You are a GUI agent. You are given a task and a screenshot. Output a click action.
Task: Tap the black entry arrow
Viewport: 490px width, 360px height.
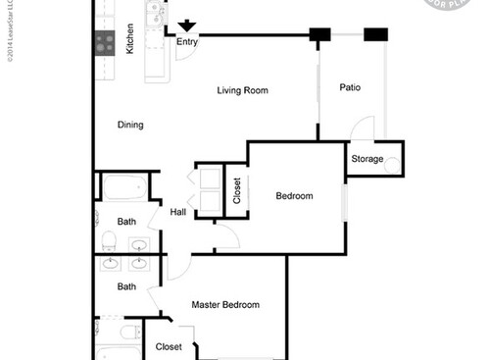[x=186, y=27]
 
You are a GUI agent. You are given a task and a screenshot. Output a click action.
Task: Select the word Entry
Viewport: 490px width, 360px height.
[x=186, y=42]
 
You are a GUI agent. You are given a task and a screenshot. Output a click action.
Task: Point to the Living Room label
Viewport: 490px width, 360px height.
[x=242, y=90]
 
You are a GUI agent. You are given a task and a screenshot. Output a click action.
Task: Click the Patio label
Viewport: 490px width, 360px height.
[x=350, y=87]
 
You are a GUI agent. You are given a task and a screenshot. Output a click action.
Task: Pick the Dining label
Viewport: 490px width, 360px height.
[x=130, y=125]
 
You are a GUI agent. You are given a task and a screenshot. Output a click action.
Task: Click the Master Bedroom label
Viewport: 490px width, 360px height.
[x=225, y=304]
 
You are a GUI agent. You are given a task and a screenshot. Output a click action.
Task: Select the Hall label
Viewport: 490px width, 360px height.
[x=178, y=212]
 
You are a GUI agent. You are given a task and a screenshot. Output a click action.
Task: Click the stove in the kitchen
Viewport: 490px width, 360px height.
[x=104, y=42]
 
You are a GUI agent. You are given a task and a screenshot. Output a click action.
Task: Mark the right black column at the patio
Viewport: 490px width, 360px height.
[x=375, y=35]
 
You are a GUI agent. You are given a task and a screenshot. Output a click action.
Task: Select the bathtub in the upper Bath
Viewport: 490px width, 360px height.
[x=123, y=187]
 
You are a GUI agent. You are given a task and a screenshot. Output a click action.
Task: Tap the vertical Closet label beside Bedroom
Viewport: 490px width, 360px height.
[x=236, y=190]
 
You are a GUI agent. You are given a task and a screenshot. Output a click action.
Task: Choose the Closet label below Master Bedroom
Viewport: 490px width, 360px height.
[x=169, y=346]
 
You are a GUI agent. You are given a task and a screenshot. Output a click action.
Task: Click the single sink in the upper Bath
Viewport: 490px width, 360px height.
[x=139, y=245]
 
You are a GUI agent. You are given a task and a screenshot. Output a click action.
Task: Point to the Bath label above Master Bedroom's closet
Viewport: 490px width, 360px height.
[x=126, y=286]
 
